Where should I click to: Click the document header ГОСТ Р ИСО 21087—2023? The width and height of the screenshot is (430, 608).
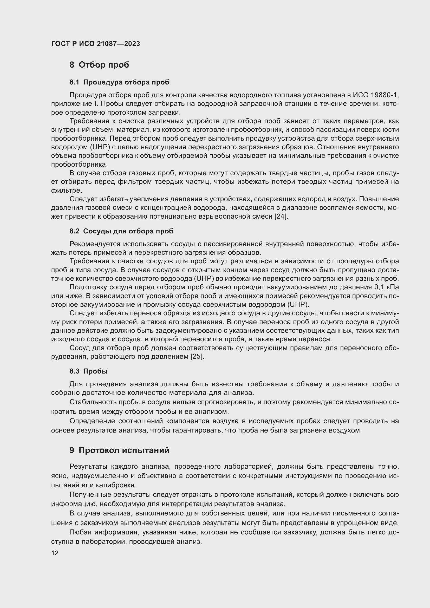pyautogui.click(x=95, y=44)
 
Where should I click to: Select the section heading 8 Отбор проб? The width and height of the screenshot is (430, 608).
pyautogui.click(x=99, y=65)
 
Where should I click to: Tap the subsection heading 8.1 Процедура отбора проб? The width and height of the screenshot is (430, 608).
pyautogui.click(x=119, y=82)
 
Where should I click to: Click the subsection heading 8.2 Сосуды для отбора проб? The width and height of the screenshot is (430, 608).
pyautogui.click(x=121, y=231)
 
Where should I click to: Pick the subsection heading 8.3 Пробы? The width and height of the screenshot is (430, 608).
pyautogui.click(x=88, y=371)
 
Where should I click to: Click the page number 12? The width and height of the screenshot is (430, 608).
pyautogui.click(x=55, y=553)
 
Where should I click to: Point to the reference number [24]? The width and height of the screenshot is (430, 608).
pyautogui.click(x=281, y=216)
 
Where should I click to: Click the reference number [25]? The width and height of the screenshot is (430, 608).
pyautogui.click(x=197, y=356)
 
